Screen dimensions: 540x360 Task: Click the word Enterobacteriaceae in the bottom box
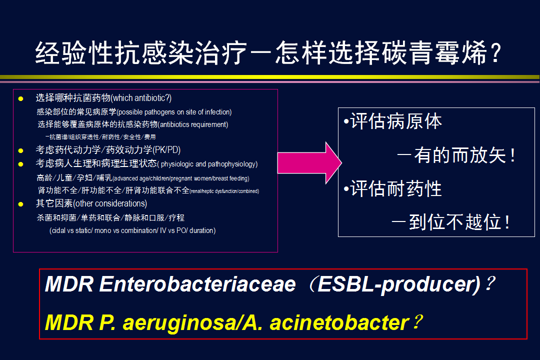(x=197, y=284)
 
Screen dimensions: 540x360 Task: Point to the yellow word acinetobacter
(x=339, y=323)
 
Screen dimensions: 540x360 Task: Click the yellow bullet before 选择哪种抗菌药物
(x=20, y=99)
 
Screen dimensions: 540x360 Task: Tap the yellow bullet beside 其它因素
(x=20, y=204)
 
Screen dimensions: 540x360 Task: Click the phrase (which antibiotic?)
(x=141, y=98)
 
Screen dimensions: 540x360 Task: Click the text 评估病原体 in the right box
(x=396, y=121)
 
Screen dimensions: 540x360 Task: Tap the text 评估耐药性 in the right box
(x=396, y=189)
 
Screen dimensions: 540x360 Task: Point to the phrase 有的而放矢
(x=460, y=155)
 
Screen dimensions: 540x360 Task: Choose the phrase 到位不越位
(x=455, y=222)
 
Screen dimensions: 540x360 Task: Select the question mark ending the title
(x=496, y=53)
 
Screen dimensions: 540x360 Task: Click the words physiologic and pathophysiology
(x=208, y=164)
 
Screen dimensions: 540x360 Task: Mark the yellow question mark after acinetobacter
(x=417, y=322)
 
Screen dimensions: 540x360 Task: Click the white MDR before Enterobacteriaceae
(x=69, y=284)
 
